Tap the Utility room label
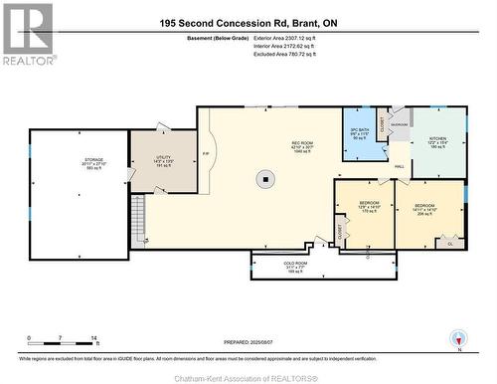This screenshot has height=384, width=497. tap(164, 161)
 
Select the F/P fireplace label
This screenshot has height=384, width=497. tap(206, 154)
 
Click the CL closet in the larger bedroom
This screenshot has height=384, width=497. tap(450, 242)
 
